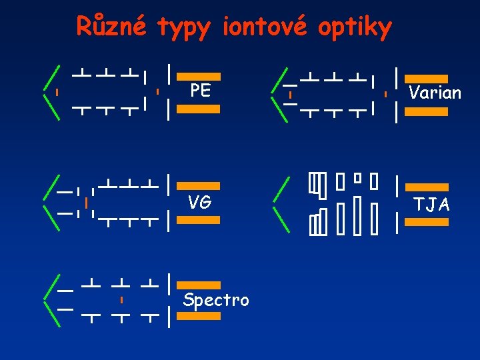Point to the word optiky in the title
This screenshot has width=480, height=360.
(x=355, y=28)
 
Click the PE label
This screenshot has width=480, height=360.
(x=200, y=91)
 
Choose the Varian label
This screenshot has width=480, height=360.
(x=435, y=93)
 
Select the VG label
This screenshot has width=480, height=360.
(x=199, y=202)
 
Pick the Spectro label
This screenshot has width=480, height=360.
(x=216, y=301)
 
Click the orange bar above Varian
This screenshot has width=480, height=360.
(x=427, y=78)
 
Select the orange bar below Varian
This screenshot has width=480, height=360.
(x=427, y=112)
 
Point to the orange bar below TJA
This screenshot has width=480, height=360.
(x=427, y=222)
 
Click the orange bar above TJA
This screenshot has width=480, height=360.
(x=427, y=187)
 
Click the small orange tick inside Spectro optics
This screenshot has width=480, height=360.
(x=121, y=301)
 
